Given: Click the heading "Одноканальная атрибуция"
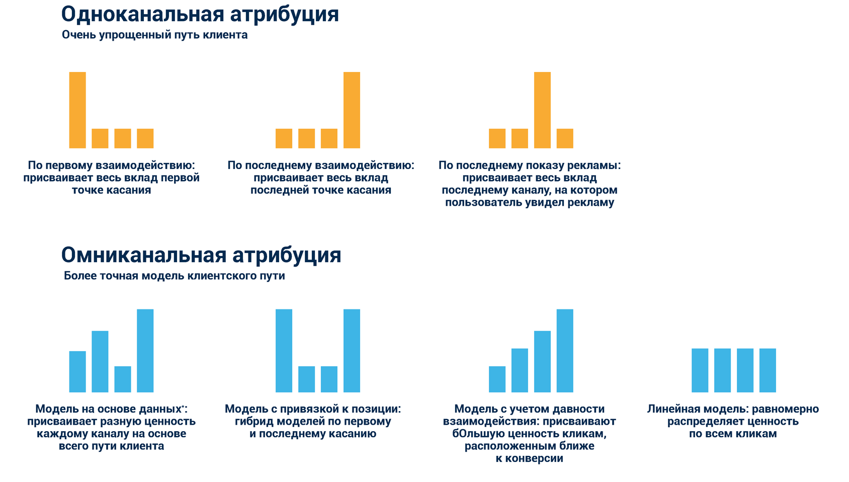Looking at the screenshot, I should (x=200, y=14).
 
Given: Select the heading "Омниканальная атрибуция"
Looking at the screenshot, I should (x=201, y=255).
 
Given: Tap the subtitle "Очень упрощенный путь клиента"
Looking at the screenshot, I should (x=154, y=35).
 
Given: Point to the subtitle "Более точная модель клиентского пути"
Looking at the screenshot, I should (x=174, y=276).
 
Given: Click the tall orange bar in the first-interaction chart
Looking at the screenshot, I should (x=77, y=110).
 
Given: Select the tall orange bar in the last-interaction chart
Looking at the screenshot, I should (x=352, y=110).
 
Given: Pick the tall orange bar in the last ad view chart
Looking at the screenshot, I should (x=542, y=110).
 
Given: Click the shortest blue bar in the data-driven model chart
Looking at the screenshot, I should (x=123, y=379).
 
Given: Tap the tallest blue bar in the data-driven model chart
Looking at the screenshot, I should (x=145, y=350).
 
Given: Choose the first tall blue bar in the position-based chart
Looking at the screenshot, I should (x=284, y=350).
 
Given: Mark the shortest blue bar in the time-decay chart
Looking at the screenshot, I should (x=497, y=379).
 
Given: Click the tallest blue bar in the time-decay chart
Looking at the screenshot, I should (x=565, y=350).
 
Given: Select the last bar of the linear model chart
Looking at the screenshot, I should (x=768, y=370).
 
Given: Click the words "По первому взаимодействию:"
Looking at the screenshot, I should (x=111, y=166).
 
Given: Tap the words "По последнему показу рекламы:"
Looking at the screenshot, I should (x=530, y=166).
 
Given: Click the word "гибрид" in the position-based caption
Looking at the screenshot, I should (x=251, y=422).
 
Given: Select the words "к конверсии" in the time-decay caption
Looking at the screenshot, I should (x=529, y=458).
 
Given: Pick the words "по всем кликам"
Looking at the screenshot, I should (x=733, y=434).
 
